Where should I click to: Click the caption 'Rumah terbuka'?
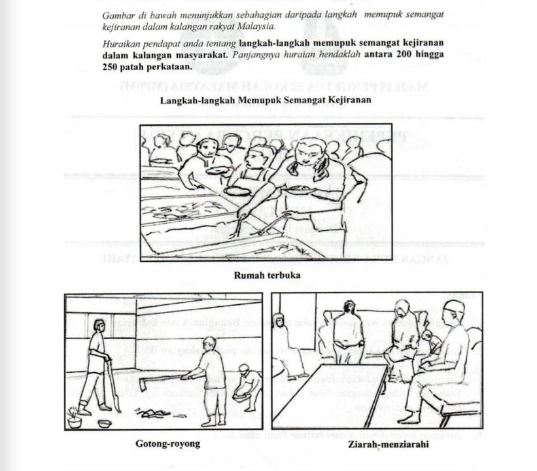click(x=267, y=275)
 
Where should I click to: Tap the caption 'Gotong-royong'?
click(x=167, y=444)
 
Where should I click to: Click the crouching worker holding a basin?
click(x=247, y=387)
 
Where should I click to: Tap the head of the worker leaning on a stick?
click(x=98, y=325)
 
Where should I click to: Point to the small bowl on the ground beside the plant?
click(x=103, y=423)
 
